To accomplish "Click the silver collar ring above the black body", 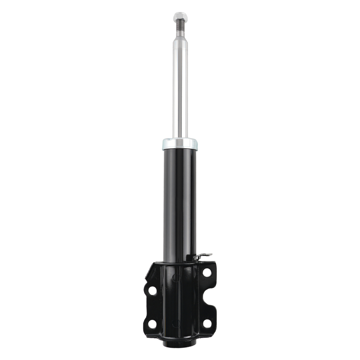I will pyautogui.click(x=180, y=144).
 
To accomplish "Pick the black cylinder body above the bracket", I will pyautogui.click(x=180, y=202).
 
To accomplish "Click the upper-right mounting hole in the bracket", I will pyautogui.click(x=207, y=273).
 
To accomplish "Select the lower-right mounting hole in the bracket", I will pyautogui.click(x=207, y=324).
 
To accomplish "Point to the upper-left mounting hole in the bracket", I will pyautogui.click(x=152, y=290).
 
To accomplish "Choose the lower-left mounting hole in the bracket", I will pyautogui.click(x=152, y=324).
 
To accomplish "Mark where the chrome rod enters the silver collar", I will pyautogui.click(x=180, y=138).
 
